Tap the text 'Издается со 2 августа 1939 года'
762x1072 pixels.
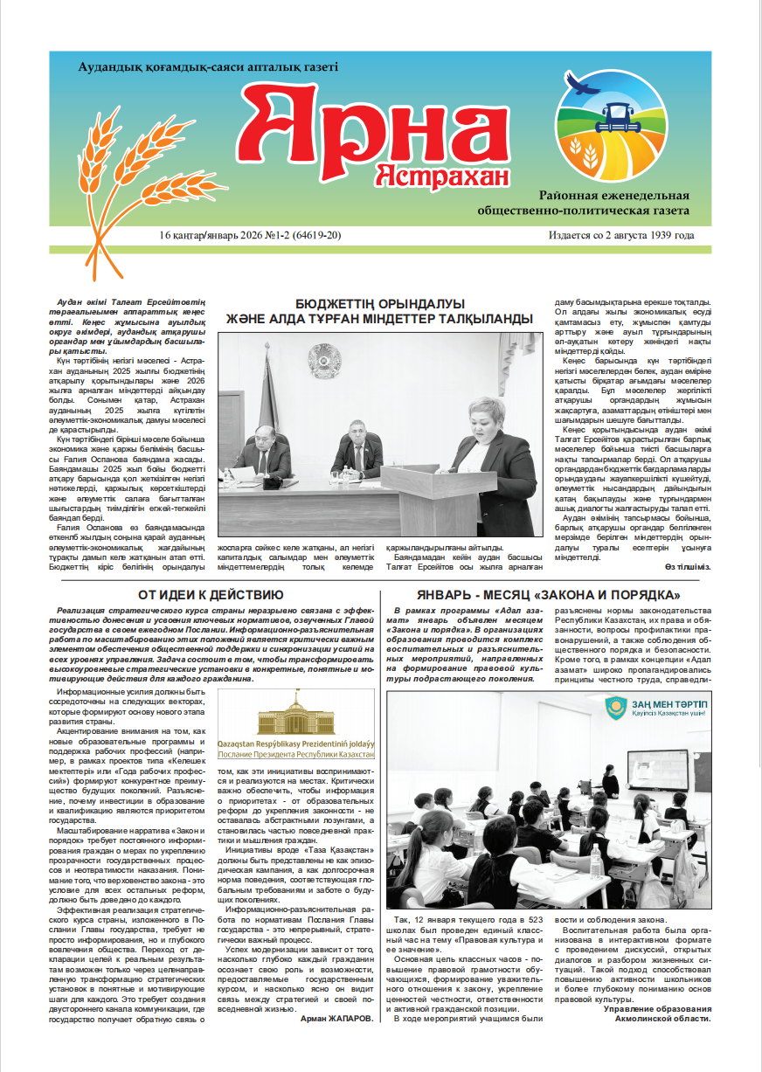[x=621, y=236]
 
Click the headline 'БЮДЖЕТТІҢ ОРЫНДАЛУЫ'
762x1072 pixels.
[x=379, y=303]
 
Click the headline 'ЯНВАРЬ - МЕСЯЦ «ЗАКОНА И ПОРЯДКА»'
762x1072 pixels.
[x=550, y=595]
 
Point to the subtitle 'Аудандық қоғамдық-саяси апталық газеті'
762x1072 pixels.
[x=207, y=67]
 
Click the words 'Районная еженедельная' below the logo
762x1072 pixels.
[x=614, y=195]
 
